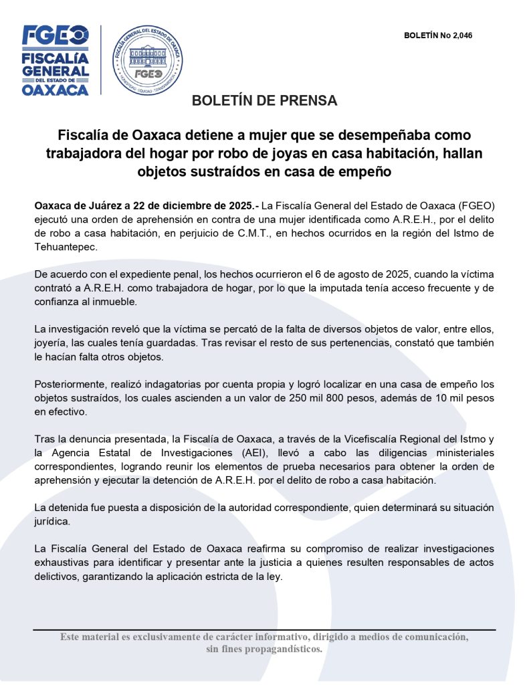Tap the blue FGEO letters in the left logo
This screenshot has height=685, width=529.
[x=55, y=35]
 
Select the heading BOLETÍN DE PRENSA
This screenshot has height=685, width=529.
[x=264, y=101]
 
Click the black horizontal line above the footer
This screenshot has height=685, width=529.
[x=264, y=629]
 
